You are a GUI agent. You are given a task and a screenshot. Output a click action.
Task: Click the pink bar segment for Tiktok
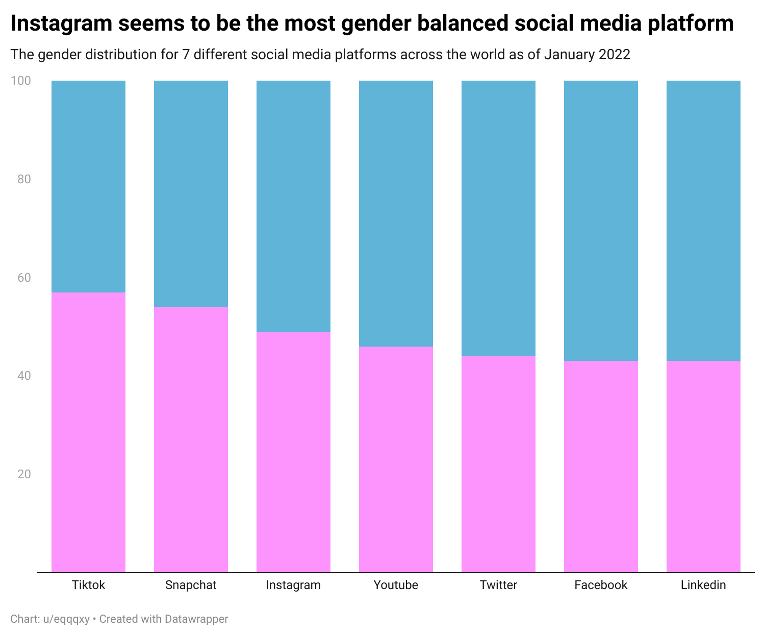point(89,432)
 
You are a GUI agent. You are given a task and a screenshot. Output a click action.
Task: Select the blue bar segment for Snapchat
point(191,193)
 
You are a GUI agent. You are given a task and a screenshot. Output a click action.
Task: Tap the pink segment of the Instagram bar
point(293,452)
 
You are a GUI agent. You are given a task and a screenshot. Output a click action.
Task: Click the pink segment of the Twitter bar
point(498,464)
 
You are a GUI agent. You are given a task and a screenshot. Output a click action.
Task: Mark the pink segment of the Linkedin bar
point(703,467)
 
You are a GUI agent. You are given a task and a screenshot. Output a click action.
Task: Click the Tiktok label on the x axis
point(89,585)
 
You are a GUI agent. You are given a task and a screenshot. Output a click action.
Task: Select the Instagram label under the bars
point(293,585)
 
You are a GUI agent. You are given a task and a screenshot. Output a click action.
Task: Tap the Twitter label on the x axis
point(498,585)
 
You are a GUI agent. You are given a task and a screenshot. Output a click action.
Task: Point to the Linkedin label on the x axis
point(703,585)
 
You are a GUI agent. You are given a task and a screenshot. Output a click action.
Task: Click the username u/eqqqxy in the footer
point(66,619)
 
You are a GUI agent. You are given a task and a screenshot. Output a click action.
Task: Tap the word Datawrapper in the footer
point(196,619)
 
